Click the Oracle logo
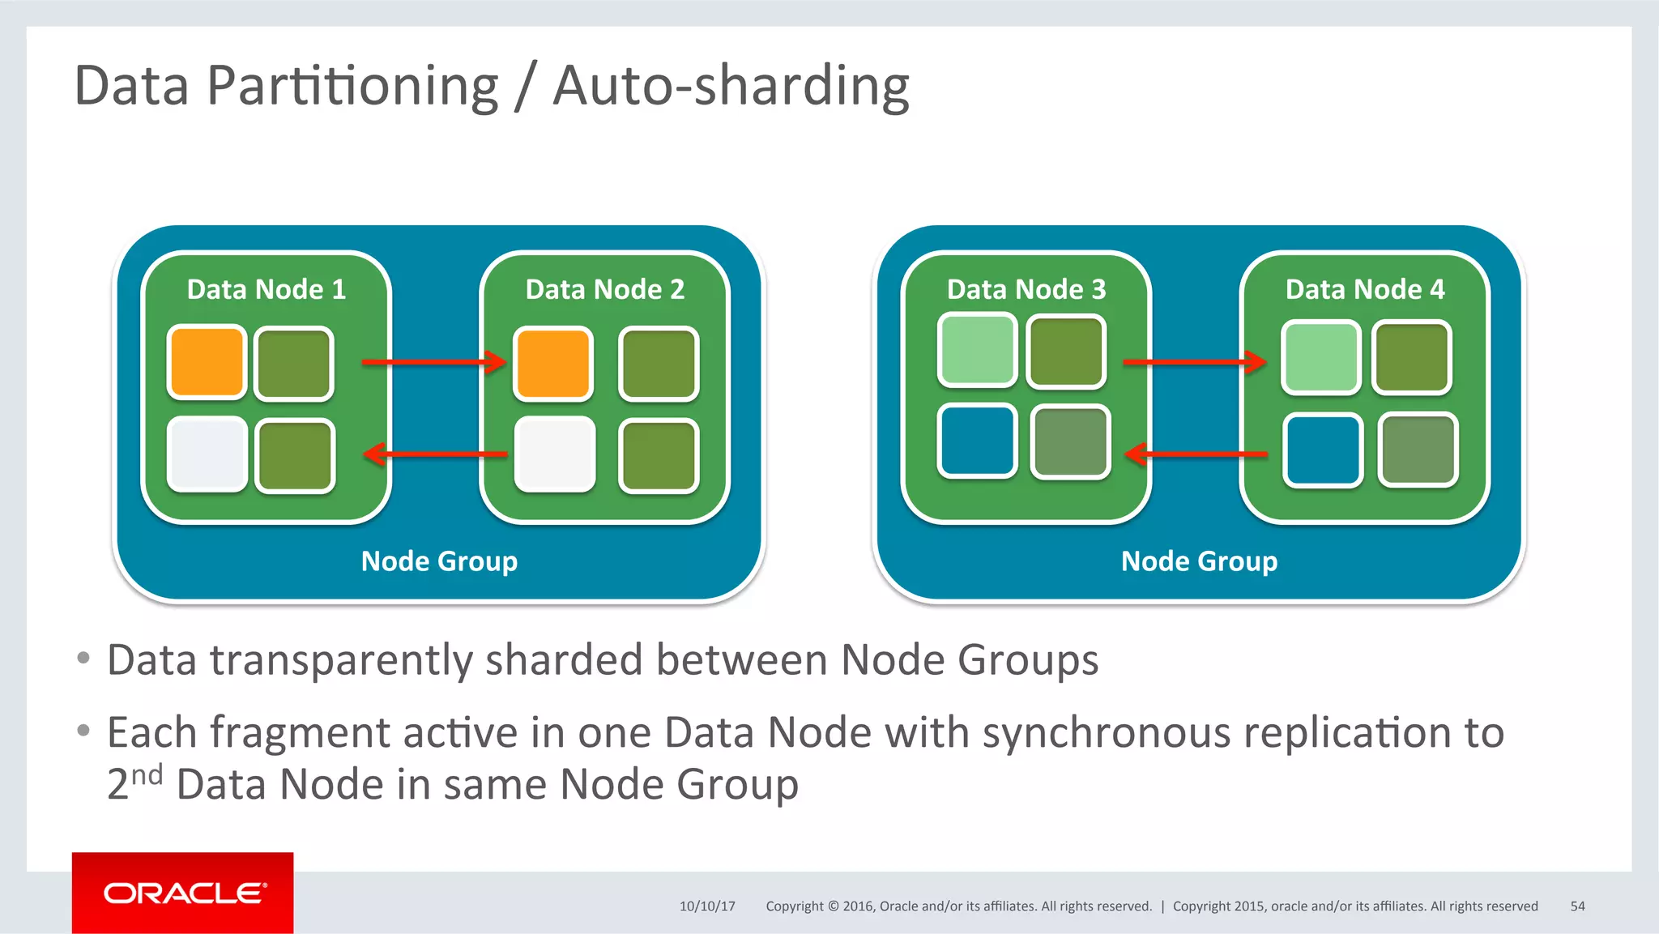click(x=183, y=893)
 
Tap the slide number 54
click(x=1576, y=906)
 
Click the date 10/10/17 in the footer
click(x=706, y=906)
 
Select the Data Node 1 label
click(x=266, y=289)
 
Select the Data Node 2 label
click(x=604, y=289)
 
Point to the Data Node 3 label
click(x=1026, y=289)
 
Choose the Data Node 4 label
click(x=1364, y=289)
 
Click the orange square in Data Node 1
click(x=207, y=362)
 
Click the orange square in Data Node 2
click(x=553, y=364)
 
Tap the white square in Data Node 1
click(x=207, y=454)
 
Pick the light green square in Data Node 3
click(x=977, y=350)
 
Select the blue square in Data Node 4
click(x=1323, y=450)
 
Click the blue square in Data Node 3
click(x=976, y=440)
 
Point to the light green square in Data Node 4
click(x=1320, y=357)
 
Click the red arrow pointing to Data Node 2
click(x=433, y=361)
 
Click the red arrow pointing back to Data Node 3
click(x=1196, y=454)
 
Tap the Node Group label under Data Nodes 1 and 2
click(x=439, y=561)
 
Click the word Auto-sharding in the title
click(x=731, y=86)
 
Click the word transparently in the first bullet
click(x=341, y=659)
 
